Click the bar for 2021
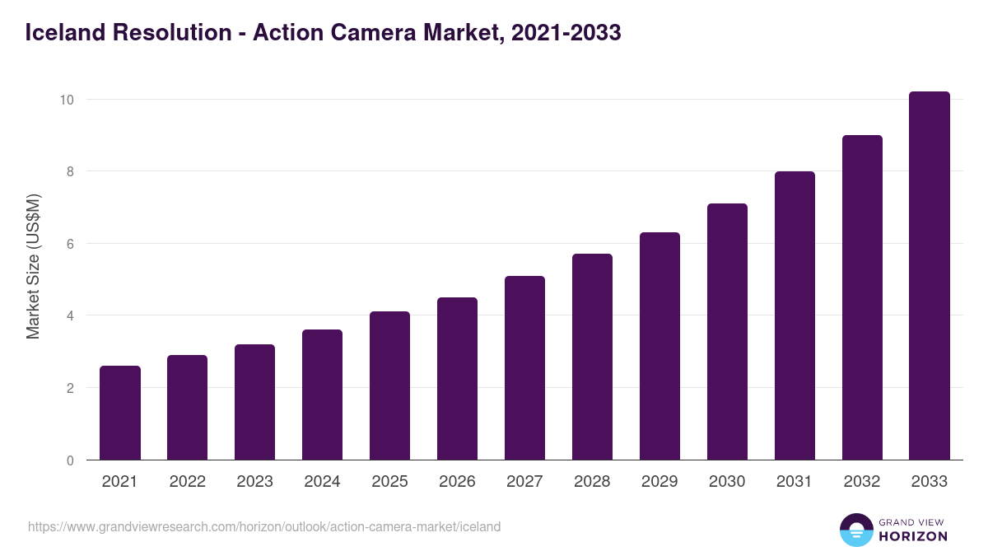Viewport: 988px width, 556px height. [x=120, y=413]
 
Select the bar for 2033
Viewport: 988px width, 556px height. [x=930, y=276]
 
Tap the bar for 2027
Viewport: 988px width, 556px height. [x=524, y=368]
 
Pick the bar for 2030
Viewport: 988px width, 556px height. [x=727, y=332]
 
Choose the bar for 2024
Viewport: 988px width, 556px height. [x=322, y=395]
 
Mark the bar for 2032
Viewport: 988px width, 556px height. [x=862, y=297]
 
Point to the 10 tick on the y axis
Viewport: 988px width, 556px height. [x=67, y=100]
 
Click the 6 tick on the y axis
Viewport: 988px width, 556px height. [x=70, y=244]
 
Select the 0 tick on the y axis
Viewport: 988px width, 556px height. [x=70, y=460]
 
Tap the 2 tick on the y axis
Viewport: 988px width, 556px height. [x=70, y=388]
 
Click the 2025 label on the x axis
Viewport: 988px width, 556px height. [x=389, y=482]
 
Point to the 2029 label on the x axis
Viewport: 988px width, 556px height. [x=659, y=482]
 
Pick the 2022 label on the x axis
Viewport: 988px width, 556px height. [x=187, y=482]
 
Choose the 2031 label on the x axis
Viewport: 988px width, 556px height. [x=795, y=482]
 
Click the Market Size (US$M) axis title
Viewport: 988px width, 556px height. [x=33, y=266]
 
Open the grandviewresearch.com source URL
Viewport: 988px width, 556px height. [x=264, y=526]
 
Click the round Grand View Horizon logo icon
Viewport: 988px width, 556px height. [x=856, y=530]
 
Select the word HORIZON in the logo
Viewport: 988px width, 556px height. [x=913, y=536]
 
